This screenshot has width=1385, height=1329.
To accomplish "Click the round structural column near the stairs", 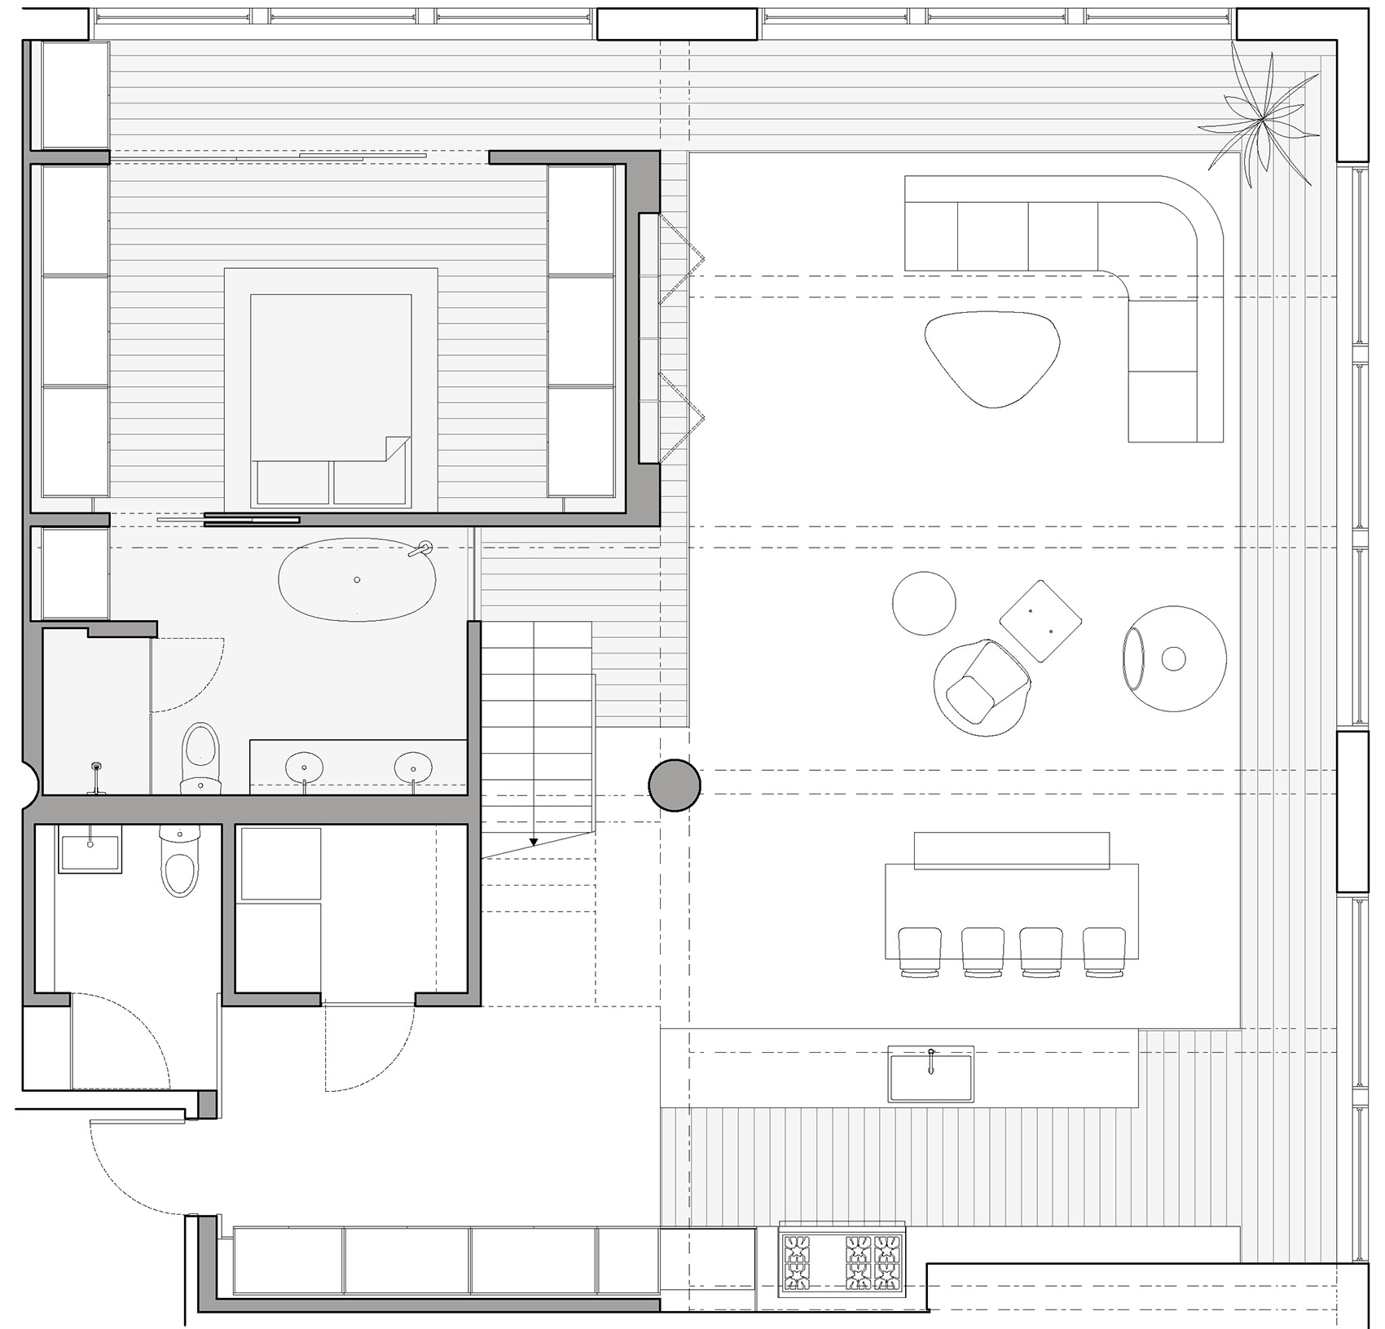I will (x=675, y=786).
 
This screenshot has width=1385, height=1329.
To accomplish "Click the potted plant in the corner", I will (x=1261, y=121).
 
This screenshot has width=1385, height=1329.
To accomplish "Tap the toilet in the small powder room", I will (x=180, y=862).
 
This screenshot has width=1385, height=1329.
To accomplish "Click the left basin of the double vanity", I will (x=305, y=768).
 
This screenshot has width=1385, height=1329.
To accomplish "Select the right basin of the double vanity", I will (x=413, y=768).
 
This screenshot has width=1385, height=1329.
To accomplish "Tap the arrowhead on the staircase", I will (x=534, y=842).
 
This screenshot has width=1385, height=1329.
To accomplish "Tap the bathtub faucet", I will (x=422, y=548).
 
